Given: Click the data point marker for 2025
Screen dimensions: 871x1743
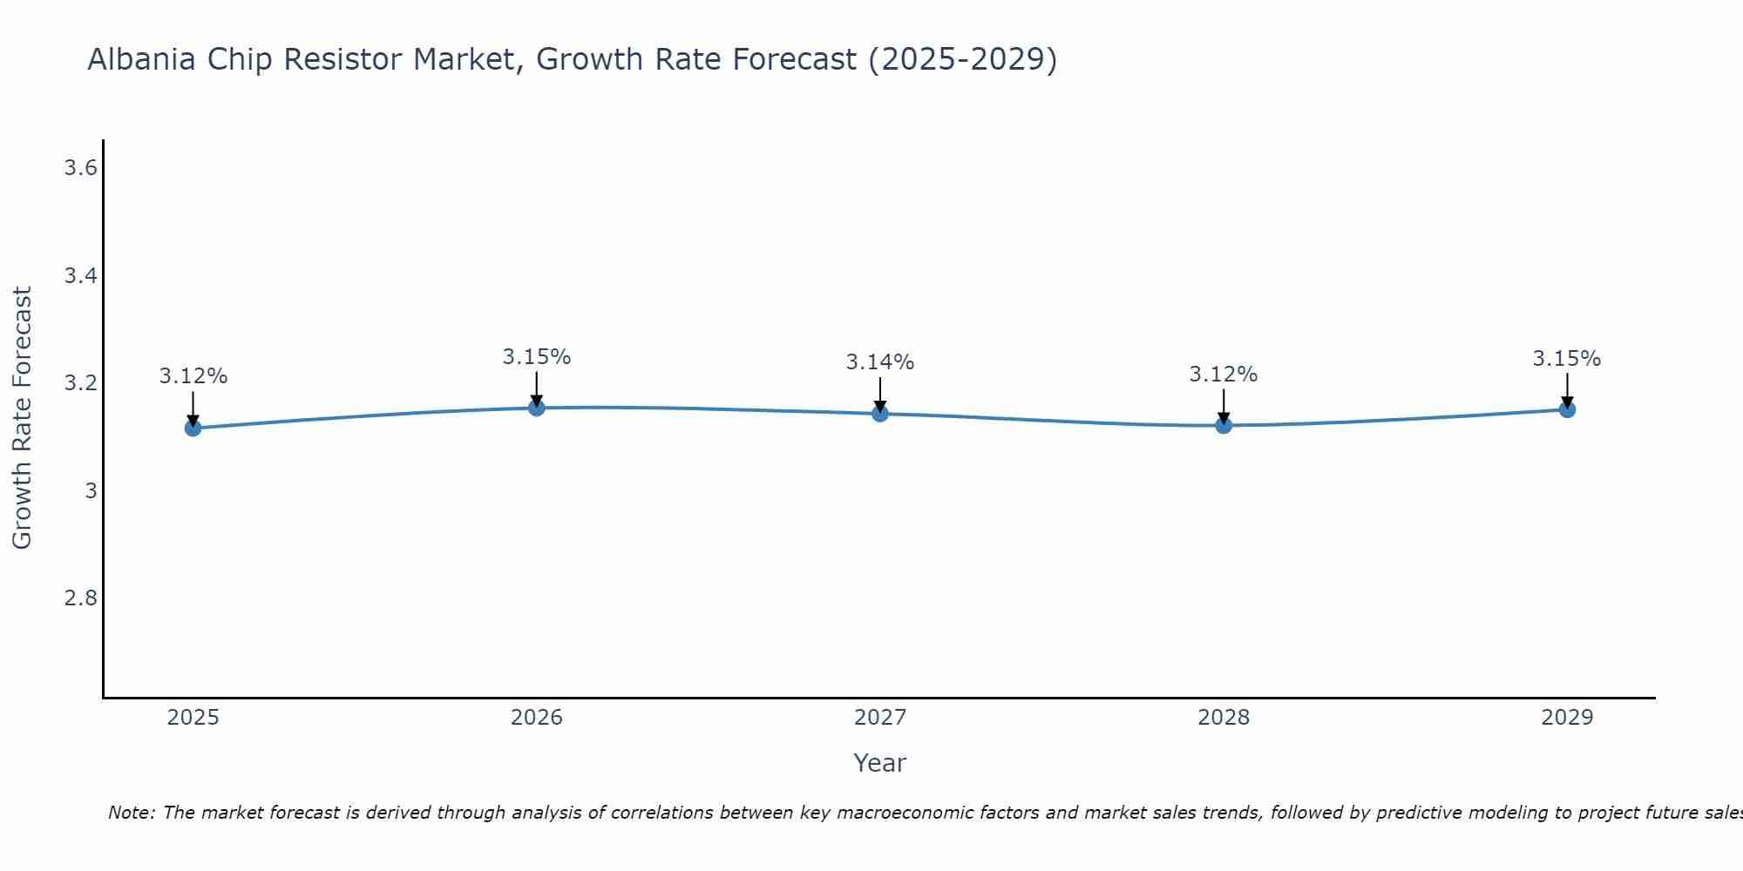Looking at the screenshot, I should pos(193,428).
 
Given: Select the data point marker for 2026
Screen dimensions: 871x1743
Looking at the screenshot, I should pos(536,408).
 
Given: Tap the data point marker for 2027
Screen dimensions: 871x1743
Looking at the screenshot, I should pos(879,413).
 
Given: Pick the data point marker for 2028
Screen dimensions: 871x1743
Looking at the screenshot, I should pos(1223,425).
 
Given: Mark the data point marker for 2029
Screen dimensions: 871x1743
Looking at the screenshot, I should pos(1566,409).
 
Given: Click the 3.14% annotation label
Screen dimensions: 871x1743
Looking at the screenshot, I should pos(879,362).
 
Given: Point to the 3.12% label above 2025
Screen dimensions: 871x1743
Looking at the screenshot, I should pos(193,376).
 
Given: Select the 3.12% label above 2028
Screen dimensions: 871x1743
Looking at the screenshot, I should pos(1223,375).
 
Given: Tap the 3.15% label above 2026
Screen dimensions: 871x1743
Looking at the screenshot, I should pos(536,357).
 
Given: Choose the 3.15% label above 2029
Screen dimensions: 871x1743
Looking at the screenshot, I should pos(1566,359).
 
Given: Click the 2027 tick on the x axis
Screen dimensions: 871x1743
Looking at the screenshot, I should pos(879,718).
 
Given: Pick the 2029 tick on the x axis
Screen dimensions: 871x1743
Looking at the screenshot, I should pos(1566,718).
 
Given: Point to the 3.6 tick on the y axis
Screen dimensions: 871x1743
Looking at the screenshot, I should pos(80,168).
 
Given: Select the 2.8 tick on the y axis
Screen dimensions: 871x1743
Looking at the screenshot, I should pos(80,598).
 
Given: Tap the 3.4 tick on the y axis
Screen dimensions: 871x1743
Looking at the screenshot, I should pos(80,276).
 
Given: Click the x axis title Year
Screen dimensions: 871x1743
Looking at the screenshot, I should pos(879,763).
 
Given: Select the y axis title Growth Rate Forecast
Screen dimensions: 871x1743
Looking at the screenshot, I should pos(22,418).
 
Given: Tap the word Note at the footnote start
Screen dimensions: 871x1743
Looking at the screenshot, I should pos(130,813).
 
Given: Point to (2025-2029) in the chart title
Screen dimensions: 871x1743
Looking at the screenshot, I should pos(962,59).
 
